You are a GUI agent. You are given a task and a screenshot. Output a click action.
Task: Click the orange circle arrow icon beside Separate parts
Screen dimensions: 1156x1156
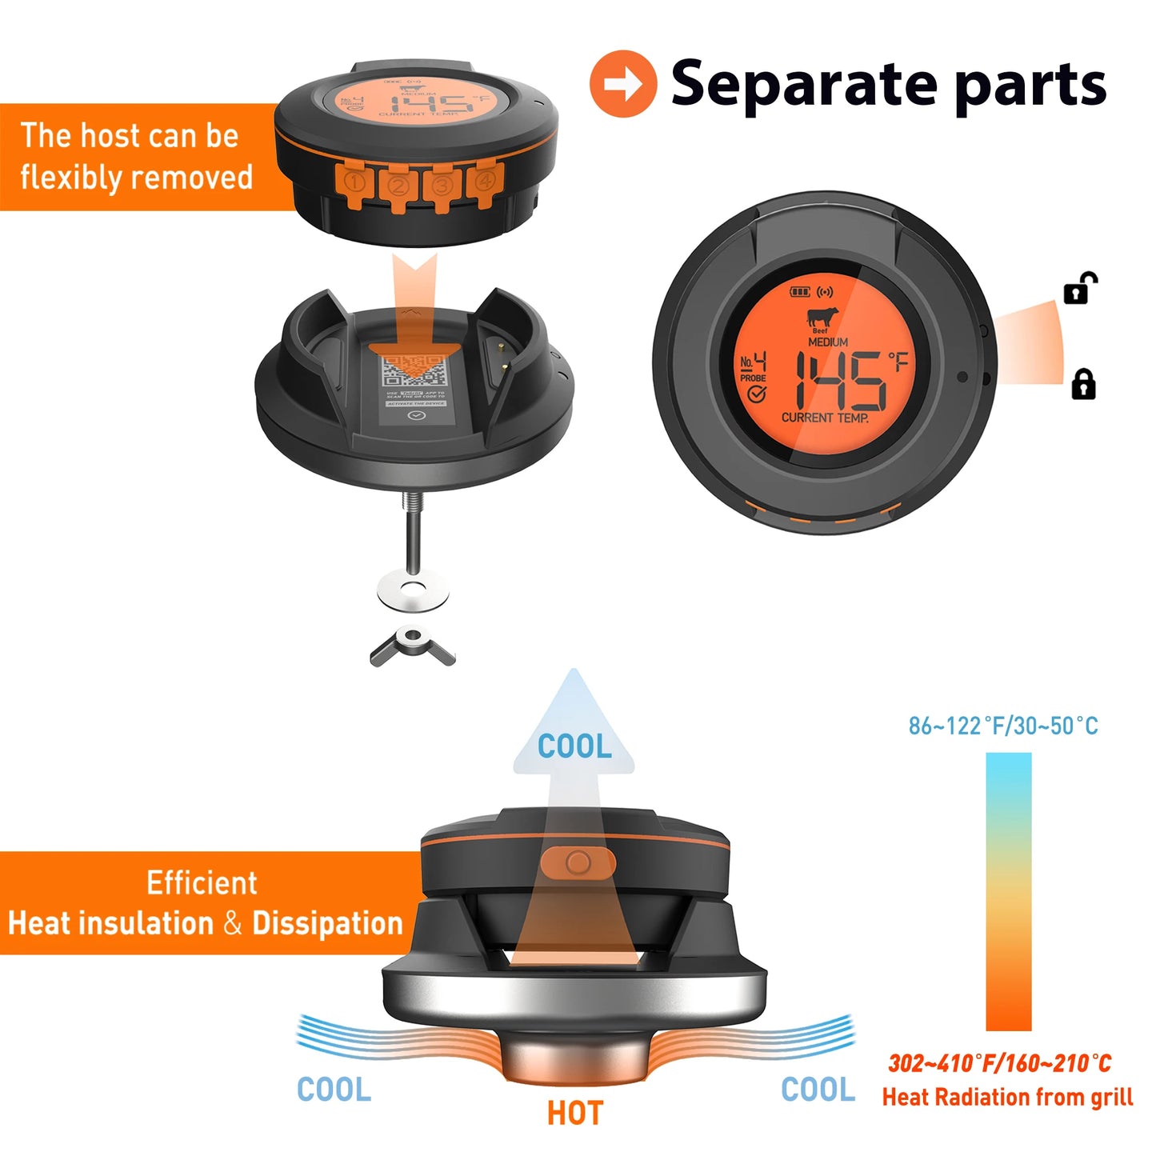click(x=622, y=84)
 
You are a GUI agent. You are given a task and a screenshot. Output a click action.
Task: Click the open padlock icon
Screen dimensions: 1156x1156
click(x=1080, y=288)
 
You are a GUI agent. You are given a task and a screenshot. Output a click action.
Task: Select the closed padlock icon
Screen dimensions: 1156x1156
click(x=1083, y=384)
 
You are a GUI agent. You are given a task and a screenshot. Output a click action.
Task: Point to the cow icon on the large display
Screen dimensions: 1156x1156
click(x=822, y=317)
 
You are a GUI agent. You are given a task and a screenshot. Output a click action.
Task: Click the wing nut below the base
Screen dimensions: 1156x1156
click(x=412, y=645)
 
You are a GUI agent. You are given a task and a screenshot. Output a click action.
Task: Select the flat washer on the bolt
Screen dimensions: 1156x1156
click(x=413, y=590)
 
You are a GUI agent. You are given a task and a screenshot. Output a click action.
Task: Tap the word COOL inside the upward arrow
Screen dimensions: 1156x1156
click(x=574, y=746)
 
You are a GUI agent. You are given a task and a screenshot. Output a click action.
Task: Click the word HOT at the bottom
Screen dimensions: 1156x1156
click(x=574, y=1113)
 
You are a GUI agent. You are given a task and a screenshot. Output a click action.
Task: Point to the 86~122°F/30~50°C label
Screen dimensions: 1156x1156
click(x=1003, y=726)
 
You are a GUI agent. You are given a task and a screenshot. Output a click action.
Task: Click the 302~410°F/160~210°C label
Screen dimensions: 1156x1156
click(x=1000, y=1063)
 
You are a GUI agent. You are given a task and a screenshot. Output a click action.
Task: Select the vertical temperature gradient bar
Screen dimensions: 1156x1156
click(x=1008, y=891)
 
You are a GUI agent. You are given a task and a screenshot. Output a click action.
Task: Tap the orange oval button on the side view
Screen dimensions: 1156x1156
click(x=578, y=862)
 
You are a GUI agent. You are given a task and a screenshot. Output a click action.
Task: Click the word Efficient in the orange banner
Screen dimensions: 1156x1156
click(x=202, y=883)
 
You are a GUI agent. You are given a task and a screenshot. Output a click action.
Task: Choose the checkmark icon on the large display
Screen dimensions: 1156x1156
click(x=755, y=394)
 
